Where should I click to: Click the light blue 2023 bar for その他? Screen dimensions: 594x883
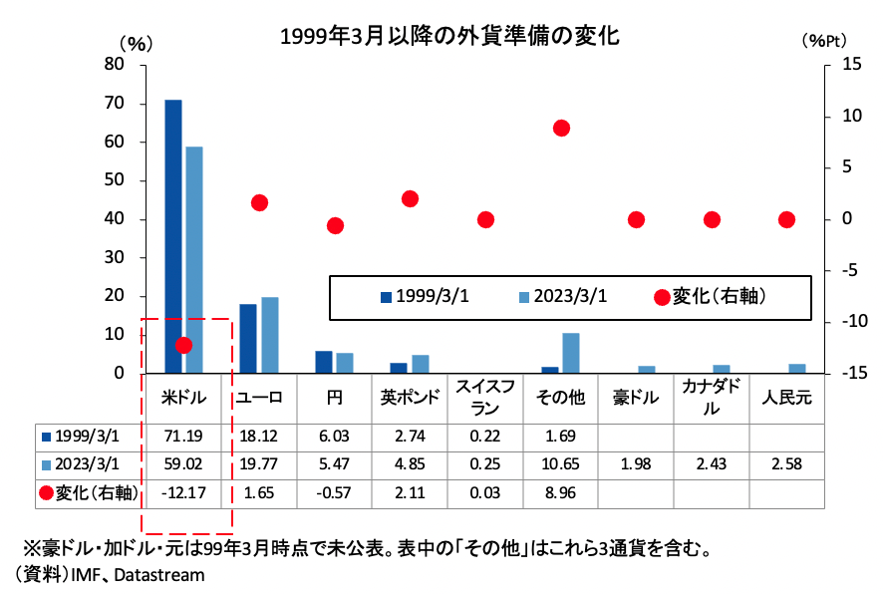571,353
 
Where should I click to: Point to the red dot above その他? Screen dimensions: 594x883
561,129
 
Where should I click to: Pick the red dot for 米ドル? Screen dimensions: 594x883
183,345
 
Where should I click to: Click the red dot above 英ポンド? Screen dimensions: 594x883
410,199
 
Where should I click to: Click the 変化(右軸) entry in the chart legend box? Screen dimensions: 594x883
709,296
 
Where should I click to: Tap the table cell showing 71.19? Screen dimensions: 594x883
183,437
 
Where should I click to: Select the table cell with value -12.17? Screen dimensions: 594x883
183,492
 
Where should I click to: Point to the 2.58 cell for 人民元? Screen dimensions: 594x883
786,464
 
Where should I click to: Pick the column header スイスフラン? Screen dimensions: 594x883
485,397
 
